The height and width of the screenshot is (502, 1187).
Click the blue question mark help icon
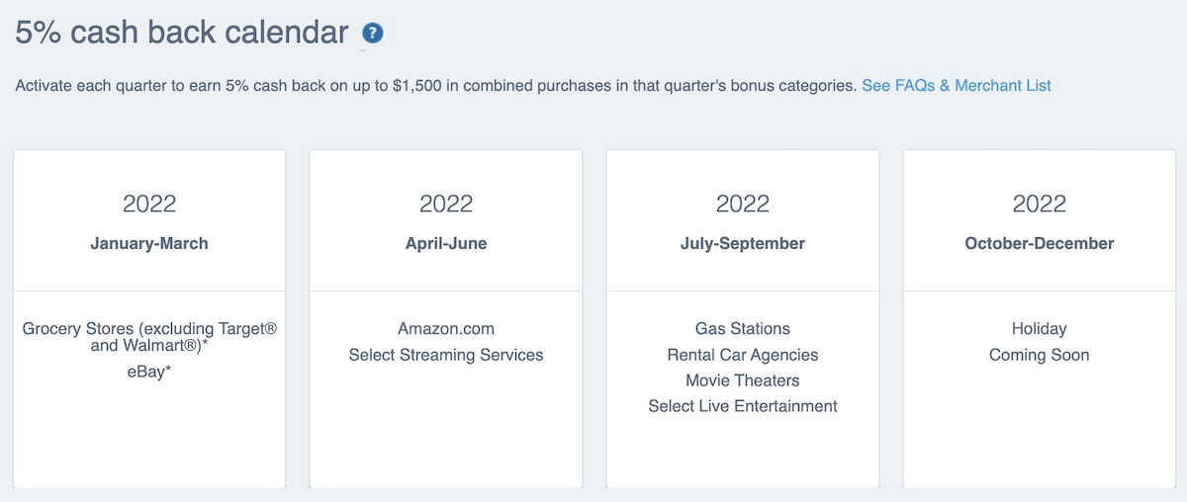point(373,34)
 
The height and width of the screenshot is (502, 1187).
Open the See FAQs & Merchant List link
point(956,86)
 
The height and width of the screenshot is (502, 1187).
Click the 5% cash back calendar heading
point(182,33)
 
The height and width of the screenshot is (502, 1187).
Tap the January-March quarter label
point(149,243)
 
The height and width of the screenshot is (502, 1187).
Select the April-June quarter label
point(446,243)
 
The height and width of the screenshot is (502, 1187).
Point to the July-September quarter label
point(743,243)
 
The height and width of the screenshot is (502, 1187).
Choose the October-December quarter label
point(1040,243)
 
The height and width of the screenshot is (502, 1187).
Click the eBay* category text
point(149,372)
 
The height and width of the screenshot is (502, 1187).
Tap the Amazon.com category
point(446,329)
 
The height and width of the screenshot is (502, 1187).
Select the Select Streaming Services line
point(446,355)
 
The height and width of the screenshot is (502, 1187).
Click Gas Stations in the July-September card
point(743,329)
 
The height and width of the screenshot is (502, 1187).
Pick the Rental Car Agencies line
point(743,355)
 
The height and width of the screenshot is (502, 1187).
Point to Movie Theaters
point(743,380)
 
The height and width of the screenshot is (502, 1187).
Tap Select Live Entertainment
point(743,406)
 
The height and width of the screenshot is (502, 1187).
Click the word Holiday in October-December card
point(1040,329)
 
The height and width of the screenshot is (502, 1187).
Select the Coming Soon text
point(1040,355)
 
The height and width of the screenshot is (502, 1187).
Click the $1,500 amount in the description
point(417,86)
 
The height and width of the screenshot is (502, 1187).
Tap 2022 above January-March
point(149,204)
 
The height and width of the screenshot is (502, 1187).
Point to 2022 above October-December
point(1040,204)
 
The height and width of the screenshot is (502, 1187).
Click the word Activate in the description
point(44,86)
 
